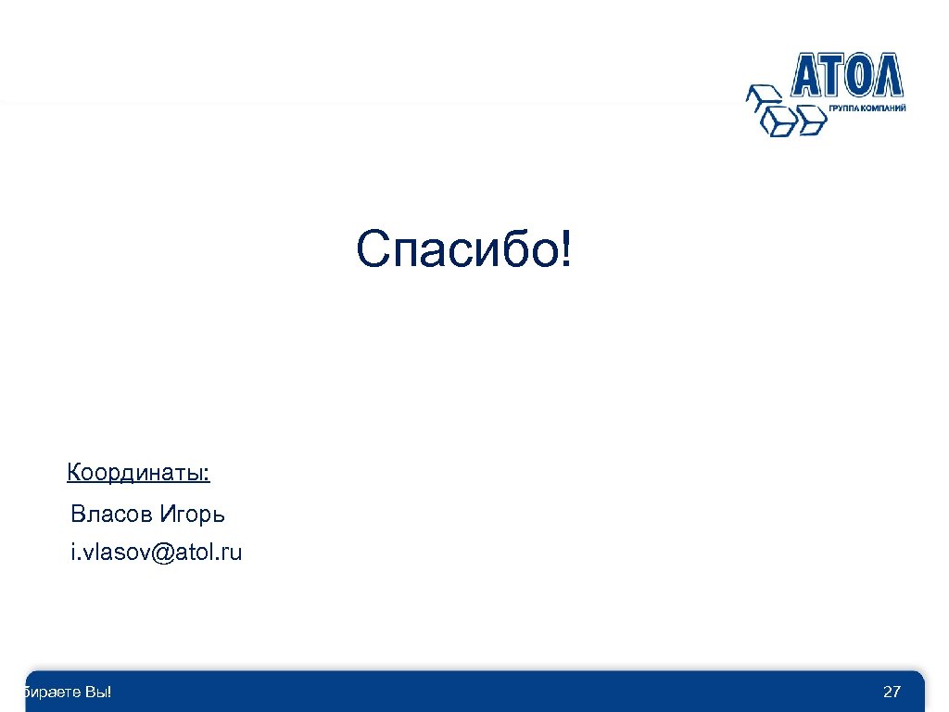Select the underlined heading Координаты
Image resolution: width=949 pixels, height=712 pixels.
click(138, 474)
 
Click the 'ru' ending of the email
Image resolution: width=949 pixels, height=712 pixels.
click(230, 553)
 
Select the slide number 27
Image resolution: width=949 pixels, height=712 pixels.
click(892, 692)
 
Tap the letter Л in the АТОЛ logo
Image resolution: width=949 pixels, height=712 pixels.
click(885, 75)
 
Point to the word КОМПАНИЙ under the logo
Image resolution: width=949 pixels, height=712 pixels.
click(884, 108)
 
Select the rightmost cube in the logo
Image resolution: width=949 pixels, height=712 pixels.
click(811, 118)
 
